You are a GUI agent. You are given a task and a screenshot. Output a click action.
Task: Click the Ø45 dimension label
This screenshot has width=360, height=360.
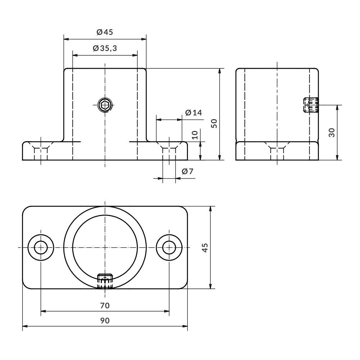(x=105, y=32)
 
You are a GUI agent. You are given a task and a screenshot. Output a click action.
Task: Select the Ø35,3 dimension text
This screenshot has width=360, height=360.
(x=105, y=48)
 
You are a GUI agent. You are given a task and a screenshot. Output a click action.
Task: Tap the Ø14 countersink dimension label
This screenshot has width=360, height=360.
(x=194, y=112)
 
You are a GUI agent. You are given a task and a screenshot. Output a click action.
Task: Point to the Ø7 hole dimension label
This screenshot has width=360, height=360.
(x=188, y=171)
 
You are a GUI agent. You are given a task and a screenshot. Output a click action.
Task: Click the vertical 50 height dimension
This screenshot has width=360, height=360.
(x=214, y=123)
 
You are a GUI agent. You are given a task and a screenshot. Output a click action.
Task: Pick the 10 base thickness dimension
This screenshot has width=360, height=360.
(x=195, y=135)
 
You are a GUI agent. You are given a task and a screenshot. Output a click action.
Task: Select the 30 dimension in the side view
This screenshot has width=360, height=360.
(x=332, y=132)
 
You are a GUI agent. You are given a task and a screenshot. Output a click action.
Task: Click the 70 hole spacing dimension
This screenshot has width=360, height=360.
(x=105, y=306)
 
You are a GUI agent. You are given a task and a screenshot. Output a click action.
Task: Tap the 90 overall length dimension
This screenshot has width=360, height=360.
(x=105, y=320)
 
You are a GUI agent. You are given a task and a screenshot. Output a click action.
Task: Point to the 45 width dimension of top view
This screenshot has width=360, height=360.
(x=205, y=248)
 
